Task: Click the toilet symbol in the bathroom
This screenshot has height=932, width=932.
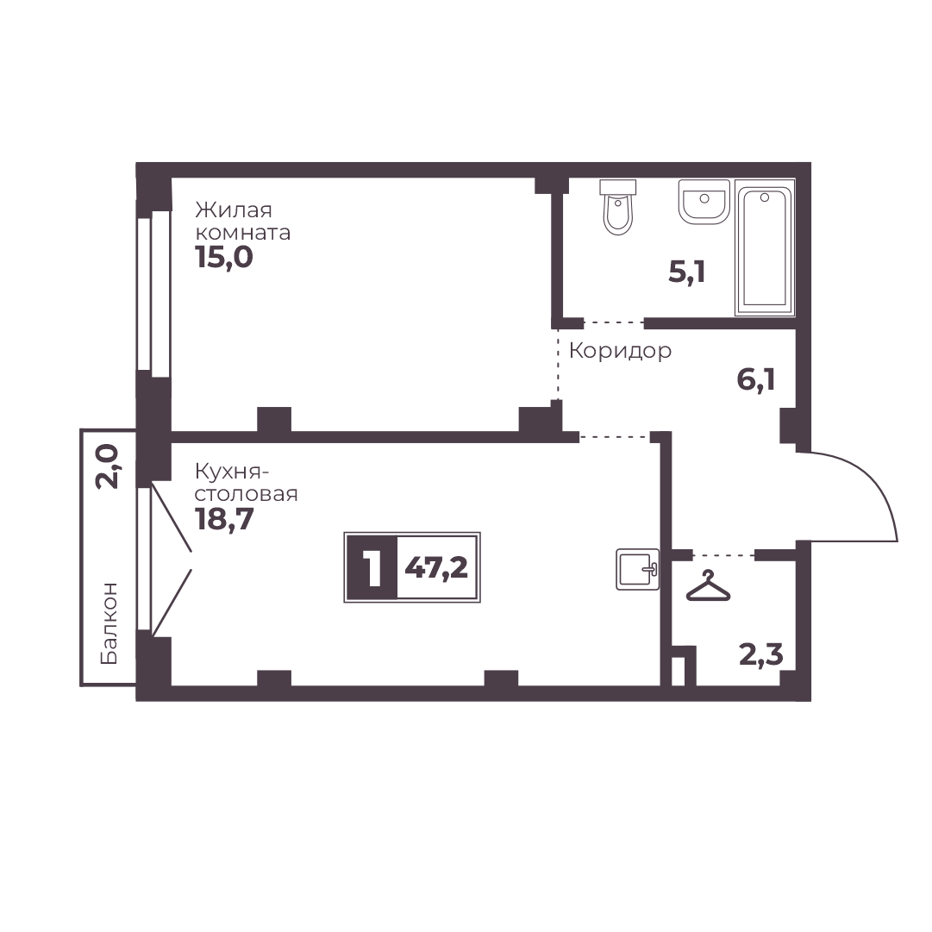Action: (x=618, y=208)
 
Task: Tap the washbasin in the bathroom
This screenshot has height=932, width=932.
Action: (x=704, y=202)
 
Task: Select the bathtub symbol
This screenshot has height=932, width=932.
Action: (x=765, y=247)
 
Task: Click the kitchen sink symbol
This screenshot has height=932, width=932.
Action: (x=638, y=569)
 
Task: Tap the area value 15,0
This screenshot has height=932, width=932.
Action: (x=224, y=258)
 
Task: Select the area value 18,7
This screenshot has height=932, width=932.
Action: (x=224, y=520)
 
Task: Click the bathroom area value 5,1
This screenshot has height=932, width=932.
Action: (x=686, y=272)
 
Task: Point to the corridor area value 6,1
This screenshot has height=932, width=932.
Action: (x=755, y=379)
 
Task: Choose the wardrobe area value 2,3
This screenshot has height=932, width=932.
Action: (x=760, y=655)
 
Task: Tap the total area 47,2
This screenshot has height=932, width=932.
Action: (x=436, y=568)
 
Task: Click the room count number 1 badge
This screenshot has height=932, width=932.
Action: (x=372, y=567)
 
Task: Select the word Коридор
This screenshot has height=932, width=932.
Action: (x=620, y=351)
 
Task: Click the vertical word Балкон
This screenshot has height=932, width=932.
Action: (x=109, y=623)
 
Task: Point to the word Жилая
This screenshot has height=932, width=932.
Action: (x=234, y=210)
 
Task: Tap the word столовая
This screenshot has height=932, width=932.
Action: (x=246, y=494)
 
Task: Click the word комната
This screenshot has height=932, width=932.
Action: (x=242, y=233)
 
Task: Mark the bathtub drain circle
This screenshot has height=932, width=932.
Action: (x=765, y=197)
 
